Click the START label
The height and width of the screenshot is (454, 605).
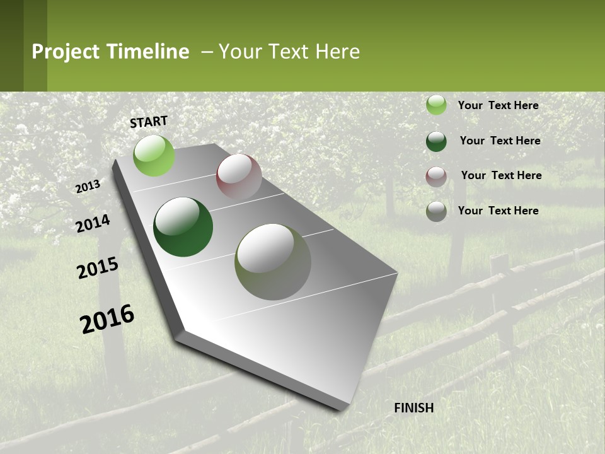(x=149, y=122)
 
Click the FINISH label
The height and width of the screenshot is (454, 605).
(x=414, y=408)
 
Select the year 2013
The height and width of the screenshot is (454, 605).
(x=88, y=187)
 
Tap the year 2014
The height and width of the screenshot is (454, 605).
(x=93, y=223)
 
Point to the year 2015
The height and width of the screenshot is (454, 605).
(x=98, y=268)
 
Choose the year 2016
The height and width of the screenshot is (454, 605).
(x=108, y=319)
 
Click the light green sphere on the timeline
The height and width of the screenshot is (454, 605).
(x=154, y=155)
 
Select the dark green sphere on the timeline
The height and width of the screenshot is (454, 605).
(x=183, y=227)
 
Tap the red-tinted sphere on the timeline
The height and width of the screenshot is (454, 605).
(x=239, y=177)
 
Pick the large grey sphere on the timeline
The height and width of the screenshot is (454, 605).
(x=273, y=262)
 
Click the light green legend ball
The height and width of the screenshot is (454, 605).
(x=436, y=105)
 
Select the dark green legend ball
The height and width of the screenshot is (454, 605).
(x=436, y=141)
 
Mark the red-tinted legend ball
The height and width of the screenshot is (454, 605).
(x=436, y=176)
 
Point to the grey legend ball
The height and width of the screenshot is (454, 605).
(x=436, y=211)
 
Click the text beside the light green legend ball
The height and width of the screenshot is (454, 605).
(x=498, y=105)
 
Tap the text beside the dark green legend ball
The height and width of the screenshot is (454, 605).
(x=500, y=141)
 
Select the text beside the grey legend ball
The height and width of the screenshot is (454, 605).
(x=498, y=211)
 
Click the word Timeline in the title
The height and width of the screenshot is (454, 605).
(x=149, y=52)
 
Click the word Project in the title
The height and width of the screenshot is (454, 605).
(x=65, y=52)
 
